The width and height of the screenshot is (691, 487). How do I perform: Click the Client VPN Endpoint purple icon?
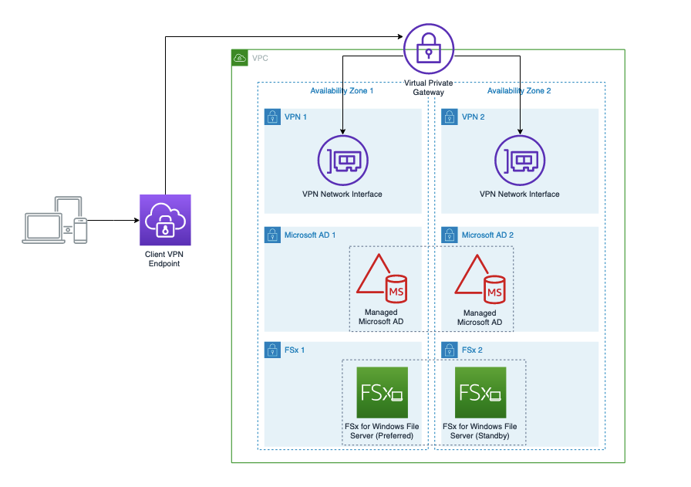pos(165,220)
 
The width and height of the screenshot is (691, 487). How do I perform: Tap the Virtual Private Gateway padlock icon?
pos(427,48)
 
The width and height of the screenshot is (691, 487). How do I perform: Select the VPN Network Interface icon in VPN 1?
pos(342,160)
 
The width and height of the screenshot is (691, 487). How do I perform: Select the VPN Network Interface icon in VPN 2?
pos(519,160)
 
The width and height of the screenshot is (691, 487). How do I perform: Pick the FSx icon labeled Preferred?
pos(383,392)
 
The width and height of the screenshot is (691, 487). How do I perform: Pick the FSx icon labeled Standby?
pos(480,392)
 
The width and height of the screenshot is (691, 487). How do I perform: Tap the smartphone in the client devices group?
pos(80,230)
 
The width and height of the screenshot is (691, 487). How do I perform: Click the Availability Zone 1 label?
pos(342,91)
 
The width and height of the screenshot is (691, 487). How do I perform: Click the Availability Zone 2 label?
pos(519,91)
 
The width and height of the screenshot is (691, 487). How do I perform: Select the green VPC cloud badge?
pos(240,58)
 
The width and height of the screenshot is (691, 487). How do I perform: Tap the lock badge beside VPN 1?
pos(271,117)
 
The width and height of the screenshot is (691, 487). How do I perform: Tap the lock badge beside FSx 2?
pos(448,350)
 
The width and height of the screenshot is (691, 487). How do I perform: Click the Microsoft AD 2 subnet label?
pos(487,235)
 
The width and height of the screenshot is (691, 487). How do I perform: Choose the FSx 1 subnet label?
pos(295,350)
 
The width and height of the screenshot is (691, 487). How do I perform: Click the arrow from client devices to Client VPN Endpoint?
pos(112,220)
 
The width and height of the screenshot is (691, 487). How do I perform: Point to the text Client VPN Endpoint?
pos(165,259)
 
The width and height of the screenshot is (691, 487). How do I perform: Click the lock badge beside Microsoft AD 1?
pos(271,235)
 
